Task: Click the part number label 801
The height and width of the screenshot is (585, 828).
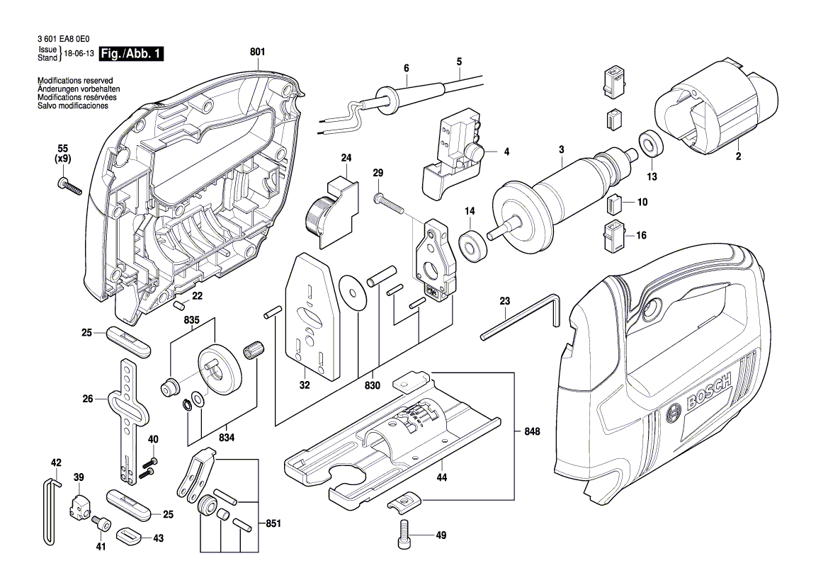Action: (x=257, y=51)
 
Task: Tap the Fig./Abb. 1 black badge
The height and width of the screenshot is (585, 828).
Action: (x=131, y=54)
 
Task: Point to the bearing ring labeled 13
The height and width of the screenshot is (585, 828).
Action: (x=648, y=144)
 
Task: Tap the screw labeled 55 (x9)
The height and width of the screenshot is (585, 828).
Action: (x=69, y=186)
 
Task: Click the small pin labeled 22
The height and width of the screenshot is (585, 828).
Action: (x=180, y=305)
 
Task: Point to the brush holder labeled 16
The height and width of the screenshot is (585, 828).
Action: (x=613, y=235)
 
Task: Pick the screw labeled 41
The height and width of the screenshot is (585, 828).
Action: (x=102, y=524)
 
